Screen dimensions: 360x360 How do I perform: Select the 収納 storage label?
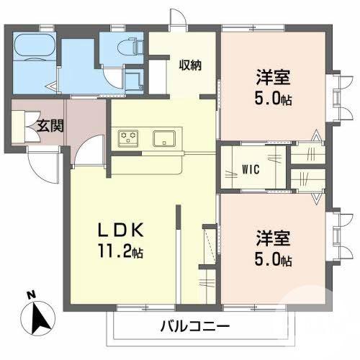190,65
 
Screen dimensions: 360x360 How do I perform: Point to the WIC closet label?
250,170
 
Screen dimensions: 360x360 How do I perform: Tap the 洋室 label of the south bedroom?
272,238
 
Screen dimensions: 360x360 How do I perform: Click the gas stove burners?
128,138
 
